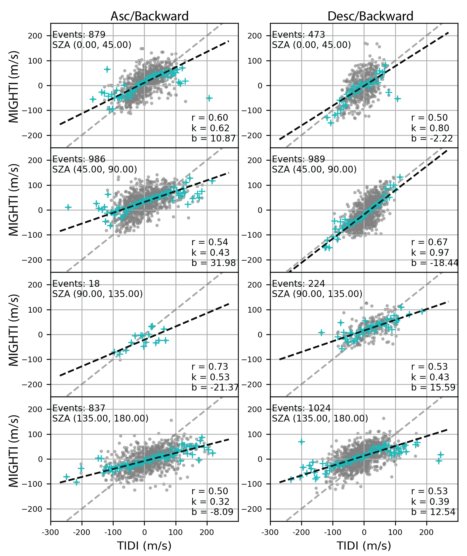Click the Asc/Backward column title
click(x=149, y=16)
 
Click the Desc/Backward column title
click(x=370, y=16)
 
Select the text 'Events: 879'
click(x=79, y=35)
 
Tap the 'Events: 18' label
click(x=76, y=284)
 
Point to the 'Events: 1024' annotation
click(x=301, y=408)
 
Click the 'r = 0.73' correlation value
click(x=210, y=367)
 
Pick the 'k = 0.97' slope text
click(x=430, y=253)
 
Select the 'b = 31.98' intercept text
click(x=213, y=263)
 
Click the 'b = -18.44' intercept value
click(x=434, y=263)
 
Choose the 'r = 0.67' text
click(x=429, y=242)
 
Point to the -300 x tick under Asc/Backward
click(x=51, y=533)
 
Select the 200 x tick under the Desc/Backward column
click(x=427, y=533)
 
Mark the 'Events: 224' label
click(x=298, y=284)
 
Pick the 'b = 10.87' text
click(x=213, y=139)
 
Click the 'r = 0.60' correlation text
click(x=210, y=118)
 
